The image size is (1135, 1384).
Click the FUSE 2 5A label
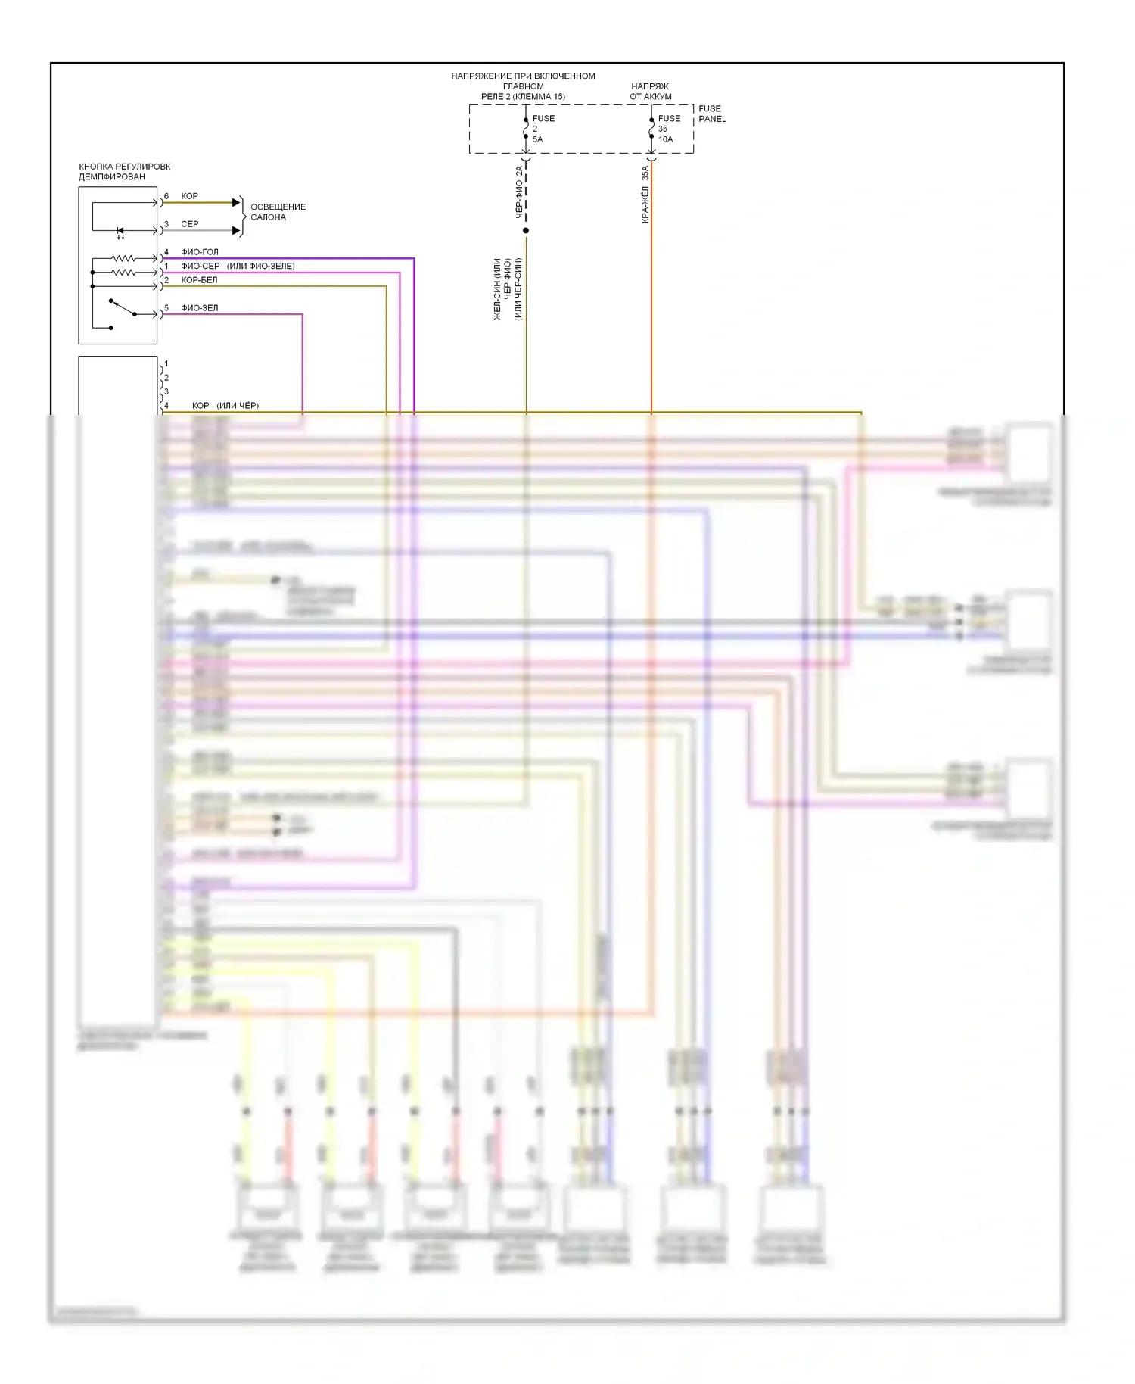click(543, 129)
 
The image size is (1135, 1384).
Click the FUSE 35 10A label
click(668, 129)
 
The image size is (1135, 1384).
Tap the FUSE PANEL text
click(711, 114)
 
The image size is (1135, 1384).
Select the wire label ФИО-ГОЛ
click(199, 252)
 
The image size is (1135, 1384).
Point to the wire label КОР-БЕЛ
click(199, 280)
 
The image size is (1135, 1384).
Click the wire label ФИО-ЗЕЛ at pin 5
click(199, 308)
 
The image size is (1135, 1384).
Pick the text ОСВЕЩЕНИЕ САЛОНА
click(278, 212)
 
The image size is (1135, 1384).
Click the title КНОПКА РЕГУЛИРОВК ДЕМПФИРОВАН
click(124, 171)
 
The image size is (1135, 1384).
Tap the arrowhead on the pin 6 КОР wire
click(236, 203)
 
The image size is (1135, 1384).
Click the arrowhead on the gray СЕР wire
click(236, 231)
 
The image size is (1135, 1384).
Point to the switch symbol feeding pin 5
click(123, 308)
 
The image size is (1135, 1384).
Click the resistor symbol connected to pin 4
click(123, 259)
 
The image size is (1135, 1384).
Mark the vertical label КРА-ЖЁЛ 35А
click(645, 195)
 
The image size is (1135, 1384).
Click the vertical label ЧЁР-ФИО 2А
click(519, 192)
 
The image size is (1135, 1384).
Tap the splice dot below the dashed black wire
click(526, 230)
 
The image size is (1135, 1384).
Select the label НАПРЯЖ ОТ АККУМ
click(650, 92)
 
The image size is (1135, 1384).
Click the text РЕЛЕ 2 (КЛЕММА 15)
click(523, 97)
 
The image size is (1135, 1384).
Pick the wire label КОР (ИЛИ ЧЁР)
click(225, 406)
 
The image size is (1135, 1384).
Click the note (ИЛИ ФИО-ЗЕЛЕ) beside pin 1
click(260, 267)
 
